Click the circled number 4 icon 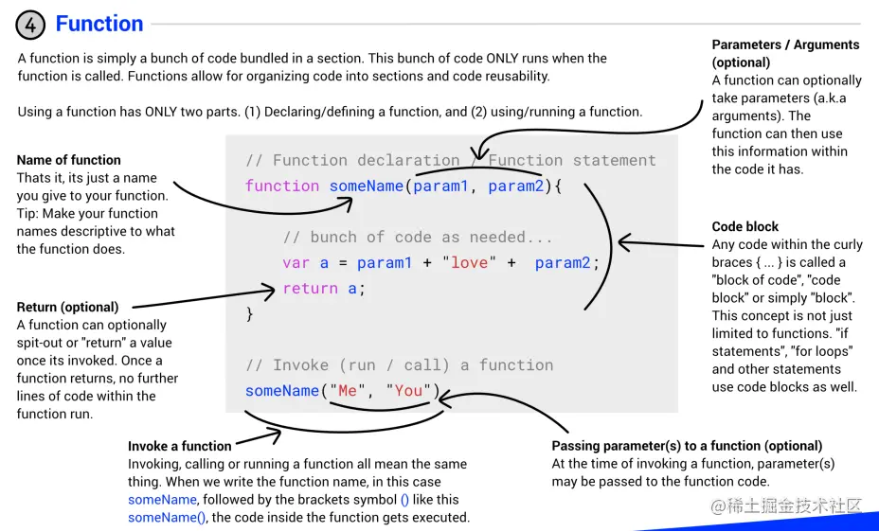point(30,26)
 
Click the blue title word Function point(99,24)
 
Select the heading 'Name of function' point(69,160)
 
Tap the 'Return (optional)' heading point(68,307)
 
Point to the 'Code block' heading point(745,226)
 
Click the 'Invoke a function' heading point(180,446)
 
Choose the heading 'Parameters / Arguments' point(785,44)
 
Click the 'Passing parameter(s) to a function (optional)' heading point(687,446)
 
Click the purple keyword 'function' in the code point(282,186)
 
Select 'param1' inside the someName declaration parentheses point(440,186)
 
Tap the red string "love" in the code point(469,262)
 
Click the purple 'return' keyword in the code point(311,288)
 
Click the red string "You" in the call point(408,390)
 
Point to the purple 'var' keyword point(296,262)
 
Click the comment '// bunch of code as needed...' point(418,237)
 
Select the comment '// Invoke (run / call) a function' point(399,364)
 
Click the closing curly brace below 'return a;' point(250,313)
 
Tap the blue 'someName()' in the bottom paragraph point(167,517)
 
